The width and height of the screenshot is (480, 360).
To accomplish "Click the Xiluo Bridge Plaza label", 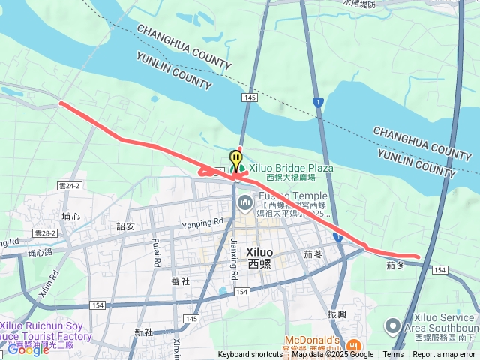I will click(x=291, y=169).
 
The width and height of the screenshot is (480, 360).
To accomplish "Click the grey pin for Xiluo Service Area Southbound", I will click(x=391, y=326).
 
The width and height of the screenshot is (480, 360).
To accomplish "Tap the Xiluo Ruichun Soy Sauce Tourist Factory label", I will click(x=46, y=331).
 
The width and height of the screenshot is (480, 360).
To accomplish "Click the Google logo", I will click(x=28, y=349).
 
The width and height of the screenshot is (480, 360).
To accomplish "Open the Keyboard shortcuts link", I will click(x=250, y=355).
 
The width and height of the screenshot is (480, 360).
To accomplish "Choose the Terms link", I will click(x=393, y=355).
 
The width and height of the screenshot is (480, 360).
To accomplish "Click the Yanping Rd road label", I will click(x=202, y=222).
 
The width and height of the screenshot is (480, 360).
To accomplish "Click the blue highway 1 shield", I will click(x=319, y=100).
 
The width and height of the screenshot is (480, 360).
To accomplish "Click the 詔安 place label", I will click(x=125, y=226).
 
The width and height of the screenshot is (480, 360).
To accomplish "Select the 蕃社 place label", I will click(x=180, y=281).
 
